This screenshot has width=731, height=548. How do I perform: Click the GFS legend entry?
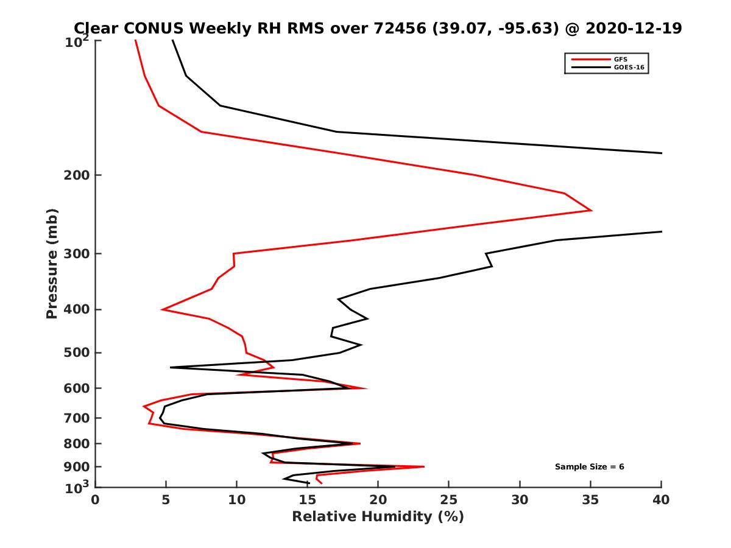coord(621,59)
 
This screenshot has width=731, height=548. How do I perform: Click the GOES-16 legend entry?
coord(627,67)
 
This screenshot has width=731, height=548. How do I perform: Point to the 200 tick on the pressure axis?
coord(77,175)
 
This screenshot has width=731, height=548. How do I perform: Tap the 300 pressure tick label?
coord(77,253)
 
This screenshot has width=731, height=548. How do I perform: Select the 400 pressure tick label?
coord(77,309)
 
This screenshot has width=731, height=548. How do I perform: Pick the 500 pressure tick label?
coord(77,353)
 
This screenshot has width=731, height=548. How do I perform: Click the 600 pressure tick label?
coord(77,388)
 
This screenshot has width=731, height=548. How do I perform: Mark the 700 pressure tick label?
coord(77,418)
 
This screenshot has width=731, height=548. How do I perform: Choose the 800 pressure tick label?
coord(77,443)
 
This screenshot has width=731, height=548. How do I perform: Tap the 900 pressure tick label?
coord(77,466)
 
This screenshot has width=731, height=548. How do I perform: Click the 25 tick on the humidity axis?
coord(449,500)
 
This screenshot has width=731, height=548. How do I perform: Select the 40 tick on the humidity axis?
coord(661,500)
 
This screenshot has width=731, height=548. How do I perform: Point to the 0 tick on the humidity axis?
coord(96,500)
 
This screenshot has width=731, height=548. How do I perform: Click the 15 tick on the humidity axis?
coord(308,500)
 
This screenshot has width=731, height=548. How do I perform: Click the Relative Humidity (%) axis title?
coord(378,517)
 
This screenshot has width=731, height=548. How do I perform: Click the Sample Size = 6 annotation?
coord(589,467)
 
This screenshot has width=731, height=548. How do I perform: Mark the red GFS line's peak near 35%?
coord(591,210)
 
